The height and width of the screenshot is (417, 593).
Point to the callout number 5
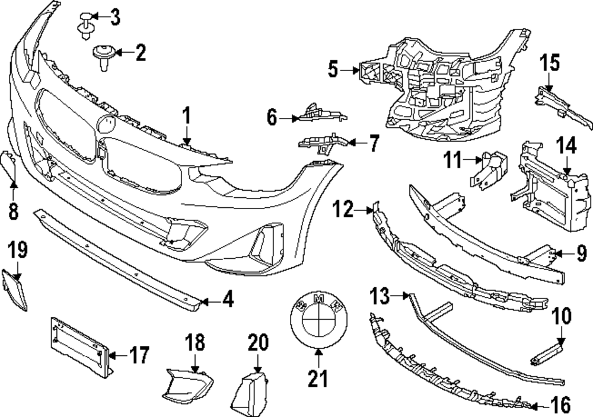click(333, 70)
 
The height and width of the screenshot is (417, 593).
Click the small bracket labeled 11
click(491, 169)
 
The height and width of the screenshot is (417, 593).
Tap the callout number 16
click(560, 406)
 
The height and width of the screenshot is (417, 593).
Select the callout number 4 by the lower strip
click(227, 300)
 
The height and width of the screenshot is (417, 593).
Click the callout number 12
click(342, 208)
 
